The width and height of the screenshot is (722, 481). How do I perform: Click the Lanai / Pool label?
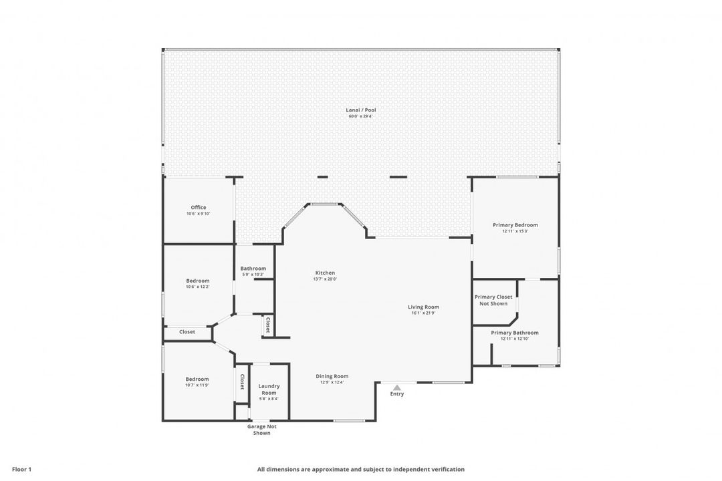click(361, 110)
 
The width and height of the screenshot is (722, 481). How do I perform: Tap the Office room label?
click(199, 207)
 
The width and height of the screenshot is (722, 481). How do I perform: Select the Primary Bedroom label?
click(515, 225)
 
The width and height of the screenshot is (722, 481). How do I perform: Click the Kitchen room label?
click(326, 273)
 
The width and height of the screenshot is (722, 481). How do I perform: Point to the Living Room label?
click(424, 307)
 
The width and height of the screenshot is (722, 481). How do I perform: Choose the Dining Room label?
click(332, 376)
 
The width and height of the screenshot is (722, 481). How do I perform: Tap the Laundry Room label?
click(269, 389)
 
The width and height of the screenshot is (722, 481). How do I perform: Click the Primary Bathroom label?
click(515, 333)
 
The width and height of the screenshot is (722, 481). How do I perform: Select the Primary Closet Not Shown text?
click(494, 300)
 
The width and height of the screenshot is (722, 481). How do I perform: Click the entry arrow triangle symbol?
click(397, 387)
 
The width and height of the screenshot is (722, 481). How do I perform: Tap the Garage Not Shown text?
click(262, 430)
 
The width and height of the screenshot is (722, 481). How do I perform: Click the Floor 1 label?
click(22, 469)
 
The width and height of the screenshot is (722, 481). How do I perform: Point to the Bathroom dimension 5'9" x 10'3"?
click(253, 275)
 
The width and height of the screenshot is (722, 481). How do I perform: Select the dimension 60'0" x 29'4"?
click(361, 116)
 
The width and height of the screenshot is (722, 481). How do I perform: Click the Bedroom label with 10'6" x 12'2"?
click(198, 281)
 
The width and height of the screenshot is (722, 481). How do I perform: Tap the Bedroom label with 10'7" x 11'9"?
click(197, 379)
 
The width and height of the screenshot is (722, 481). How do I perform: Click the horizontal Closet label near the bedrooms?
click(187, 331)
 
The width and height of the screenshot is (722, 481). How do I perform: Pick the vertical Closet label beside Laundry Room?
click(242, 383)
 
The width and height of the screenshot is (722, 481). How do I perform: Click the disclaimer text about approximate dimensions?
click(361, 469)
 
